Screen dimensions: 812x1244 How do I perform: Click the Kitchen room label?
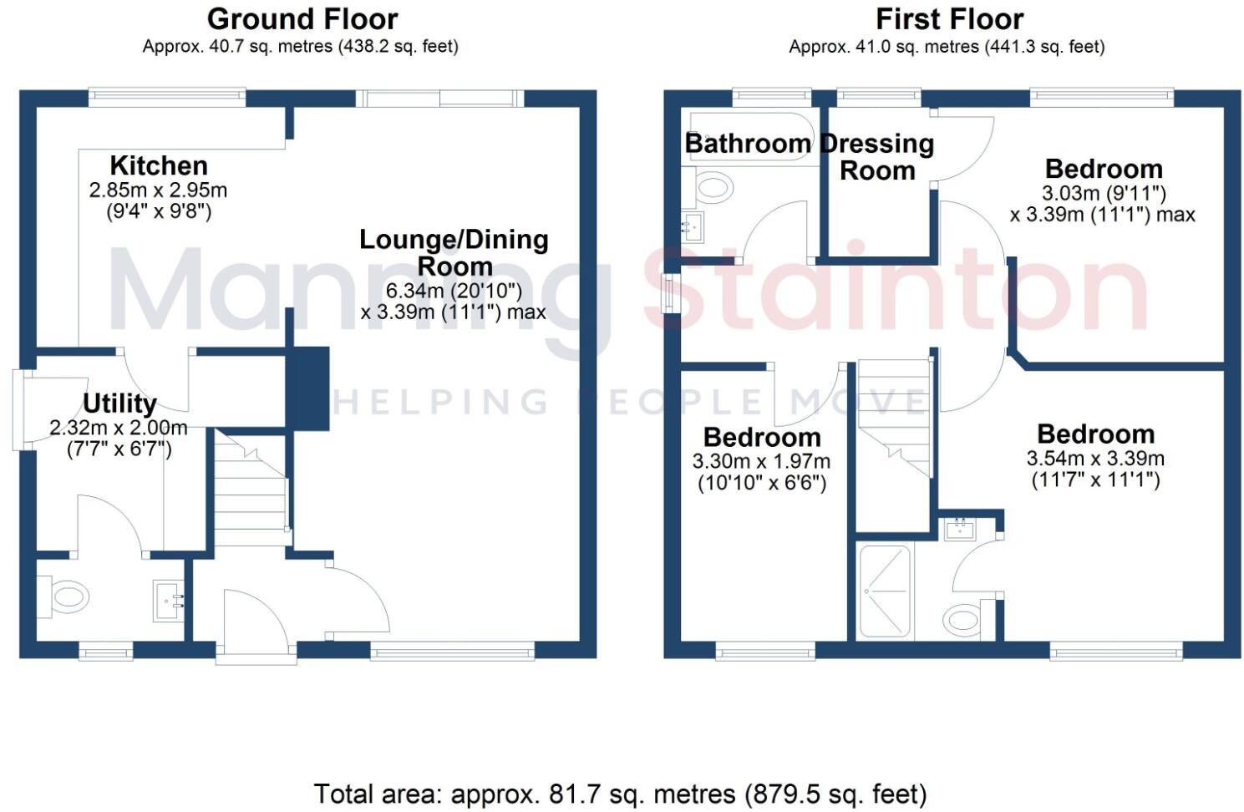click(x=159, y=165)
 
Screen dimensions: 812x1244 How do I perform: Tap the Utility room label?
click(x=119, y=403)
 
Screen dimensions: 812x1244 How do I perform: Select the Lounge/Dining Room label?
click(x=454, y=252)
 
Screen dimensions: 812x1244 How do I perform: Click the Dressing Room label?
click(x=877, y=157)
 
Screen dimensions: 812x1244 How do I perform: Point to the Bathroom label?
click(x=748, y=144)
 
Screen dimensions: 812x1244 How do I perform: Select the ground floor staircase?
click(x=251, y=493)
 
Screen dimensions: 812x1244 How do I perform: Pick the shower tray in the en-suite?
click(x=886, y=591)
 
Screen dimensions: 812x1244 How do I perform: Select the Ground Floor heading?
click(x=302, y=18)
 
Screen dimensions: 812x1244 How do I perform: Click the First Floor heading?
click(x=949, y=18)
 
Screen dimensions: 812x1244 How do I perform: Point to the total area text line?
click(x=620, y=793)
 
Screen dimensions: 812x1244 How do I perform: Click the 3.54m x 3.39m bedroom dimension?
click(x=1095, y=459)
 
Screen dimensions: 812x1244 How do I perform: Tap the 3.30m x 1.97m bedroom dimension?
click(x=761, y=462)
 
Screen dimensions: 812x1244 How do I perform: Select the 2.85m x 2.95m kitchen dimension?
click(x=158, y=190)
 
